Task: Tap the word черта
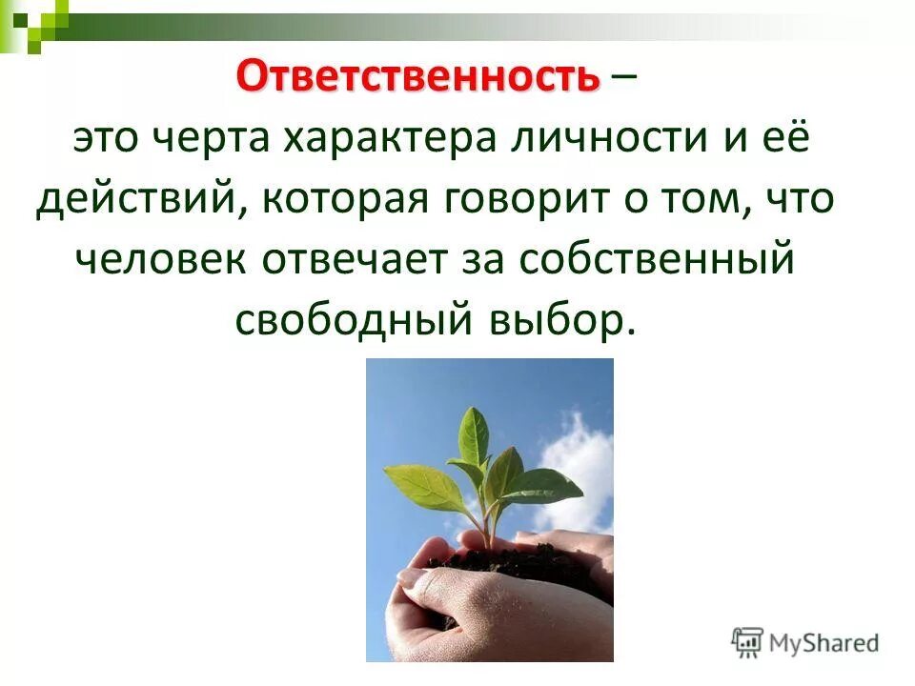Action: tap(218, 138)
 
